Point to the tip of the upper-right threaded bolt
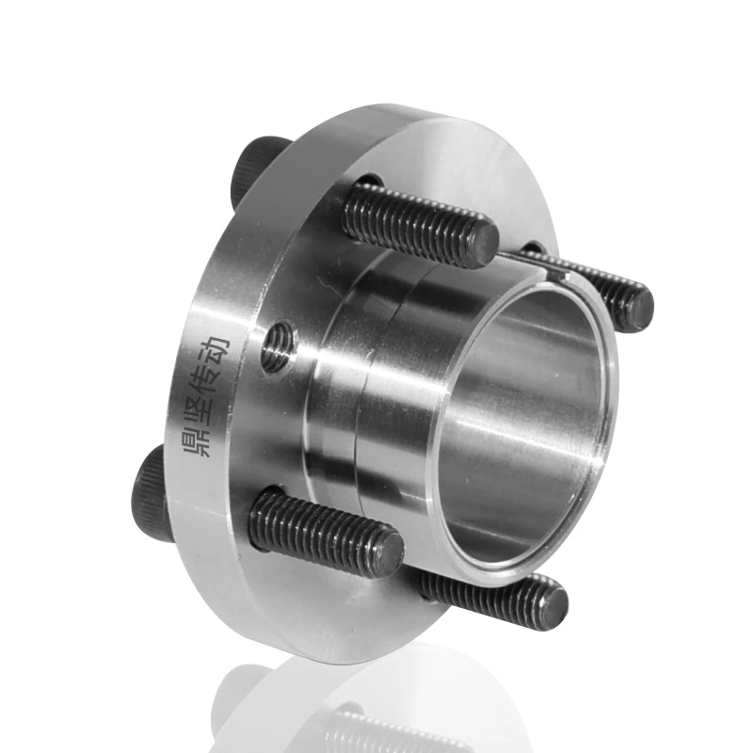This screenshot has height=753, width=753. pos(640,307)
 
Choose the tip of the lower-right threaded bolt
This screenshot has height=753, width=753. pos(554,601)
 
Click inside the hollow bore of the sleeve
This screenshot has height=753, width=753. pos(527,424)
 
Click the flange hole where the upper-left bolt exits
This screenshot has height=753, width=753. pos(369,183)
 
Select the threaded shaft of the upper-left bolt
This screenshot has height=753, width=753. pos(414,221)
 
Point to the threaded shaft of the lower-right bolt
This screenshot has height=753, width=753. pos(480,588)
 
